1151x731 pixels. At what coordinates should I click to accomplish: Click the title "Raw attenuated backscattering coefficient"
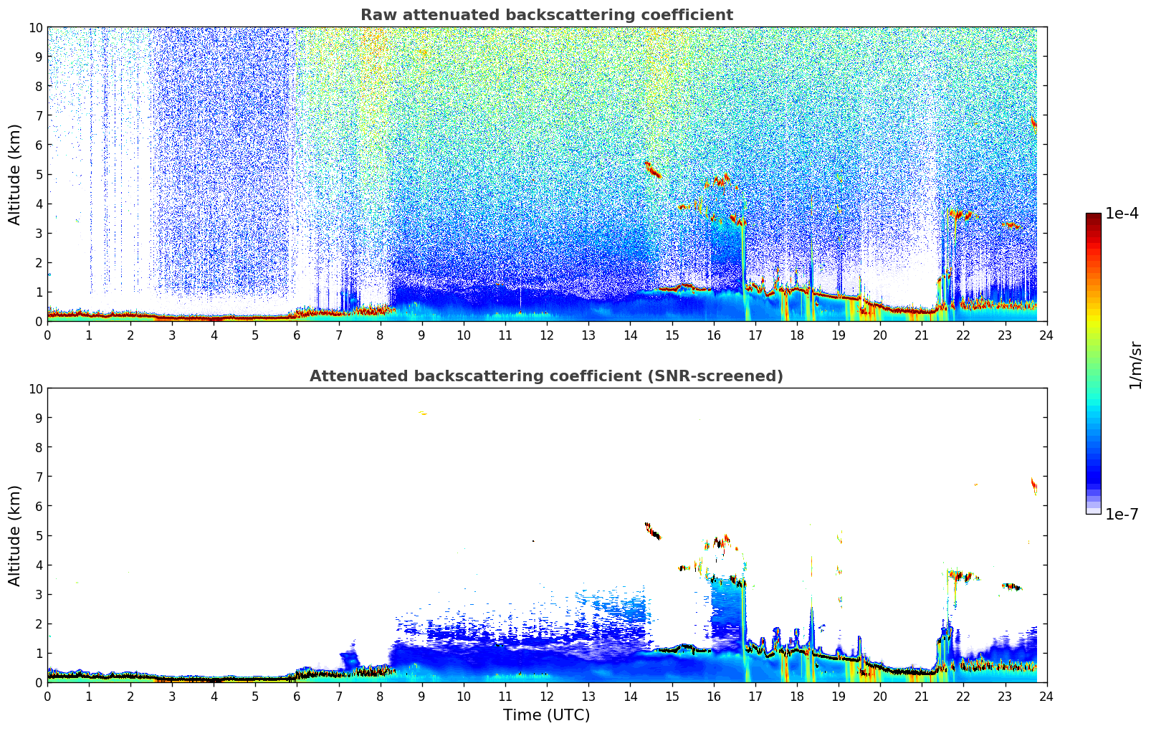546,15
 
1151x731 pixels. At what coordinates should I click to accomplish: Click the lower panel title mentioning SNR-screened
546,376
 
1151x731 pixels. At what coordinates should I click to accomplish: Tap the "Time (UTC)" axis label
546,715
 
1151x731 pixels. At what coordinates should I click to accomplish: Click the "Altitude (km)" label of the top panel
15,174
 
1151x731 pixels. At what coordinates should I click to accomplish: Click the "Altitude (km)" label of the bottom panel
15,535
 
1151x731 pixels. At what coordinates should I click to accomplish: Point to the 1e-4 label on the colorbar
1122,214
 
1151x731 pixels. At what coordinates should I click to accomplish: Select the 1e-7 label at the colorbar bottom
1122,514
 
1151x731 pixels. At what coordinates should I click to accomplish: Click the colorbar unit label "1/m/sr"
1135,364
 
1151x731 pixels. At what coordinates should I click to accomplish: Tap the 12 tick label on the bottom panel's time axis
547,697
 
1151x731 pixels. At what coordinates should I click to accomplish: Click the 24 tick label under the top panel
1046,335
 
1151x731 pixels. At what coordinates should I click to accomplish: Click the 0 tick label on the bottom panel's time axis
48,697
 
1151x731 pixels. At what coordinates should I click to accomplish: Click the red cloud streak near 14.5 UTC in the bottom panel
652,531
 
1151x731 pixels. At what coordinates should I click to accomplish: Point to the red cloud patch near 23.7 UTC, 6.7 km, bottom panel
1034,486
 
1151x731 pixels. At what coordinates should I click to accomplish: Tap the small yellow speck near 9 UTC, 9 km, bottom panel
422,413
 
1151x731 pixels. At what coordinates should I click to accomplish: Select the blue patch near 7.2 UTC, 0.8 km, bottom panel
349,659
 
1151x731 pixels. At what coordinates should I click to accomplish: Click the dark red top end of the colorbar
1093,217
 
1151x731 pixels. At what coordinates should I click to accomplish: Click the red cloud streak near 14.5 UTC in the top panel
652,170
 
